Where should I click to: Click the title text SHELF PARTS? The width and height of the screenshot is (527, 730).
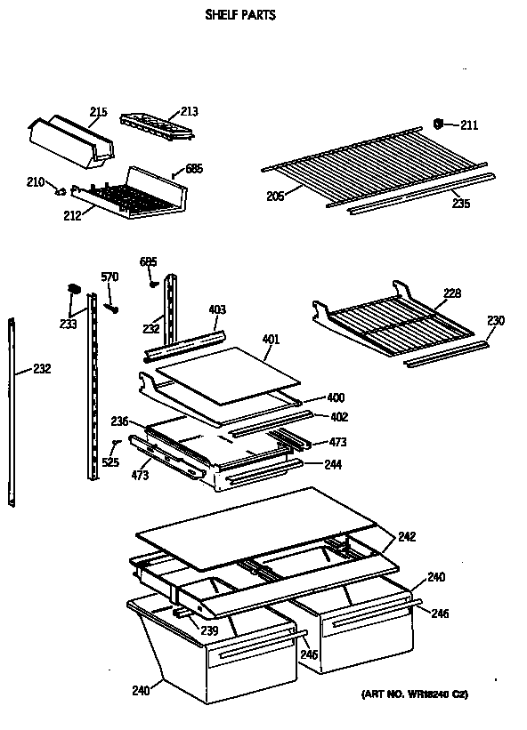(x=240, y=15)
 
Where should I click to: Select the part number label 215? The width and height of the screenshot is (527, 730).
(x=98, y=112)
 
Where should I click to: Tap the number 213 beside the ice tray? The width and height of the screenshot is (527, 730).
(x=189, y=111)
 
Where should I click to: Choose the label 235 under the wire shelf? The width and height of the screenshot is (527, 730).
(x=460, y=203)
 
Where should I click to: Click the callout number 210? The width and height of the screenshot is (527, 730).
(x=35, y=182)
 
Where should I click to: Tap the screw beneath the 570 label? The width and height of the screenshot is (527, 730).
(x=112, y=307)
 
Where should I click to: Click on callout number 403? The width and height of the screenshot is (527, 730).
(x=217, y=309)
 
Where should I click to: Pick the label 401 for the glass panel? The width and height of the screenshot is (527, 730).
(x=272, y=339)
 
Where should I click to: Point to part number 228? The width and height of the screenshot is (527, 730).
(x=452, y=293)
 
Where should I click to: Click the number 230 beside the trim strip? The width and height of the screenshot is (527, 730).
(x=495, y=321)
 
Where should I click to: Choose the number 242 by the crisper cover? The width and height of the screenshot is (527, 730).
(x=407, y=536)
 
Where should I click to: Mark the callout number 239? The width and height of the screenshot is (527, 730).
(x=208, y=630)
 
